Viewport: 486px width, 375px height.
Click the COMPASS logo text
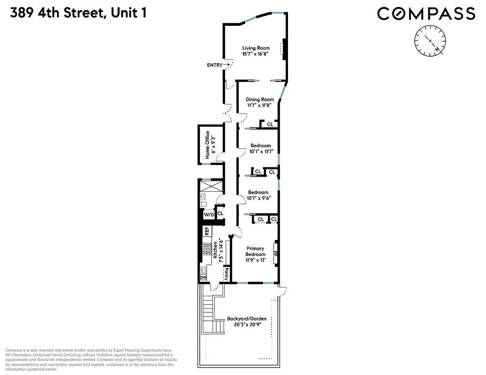[x=426, y=13]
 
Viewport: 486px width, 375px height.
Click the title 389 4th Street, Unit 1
[x=78, y=13]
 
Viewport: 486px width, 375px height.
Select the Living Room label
[x=256, y=48]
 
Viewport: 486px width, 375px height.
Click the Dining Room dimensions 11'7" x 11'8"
[x=260, y=105]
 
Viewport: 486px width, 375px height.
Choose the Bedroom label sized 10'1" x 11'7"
[x=260, y=146]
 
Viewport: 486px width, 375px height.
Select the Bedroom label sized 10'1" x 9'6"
[x=258, y=193]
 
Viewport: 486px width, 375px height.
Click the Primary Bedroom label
[x=256, y=251]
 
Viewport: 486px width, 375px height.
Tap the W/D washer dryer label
[x=208, y=214]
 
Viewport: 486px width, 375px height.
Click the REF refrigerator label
[x=206, y=231]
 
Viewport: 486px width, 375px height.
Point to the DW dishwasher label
[x=204, y=277]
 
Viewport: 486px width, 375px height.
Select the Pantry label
[x=226, y=272]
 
